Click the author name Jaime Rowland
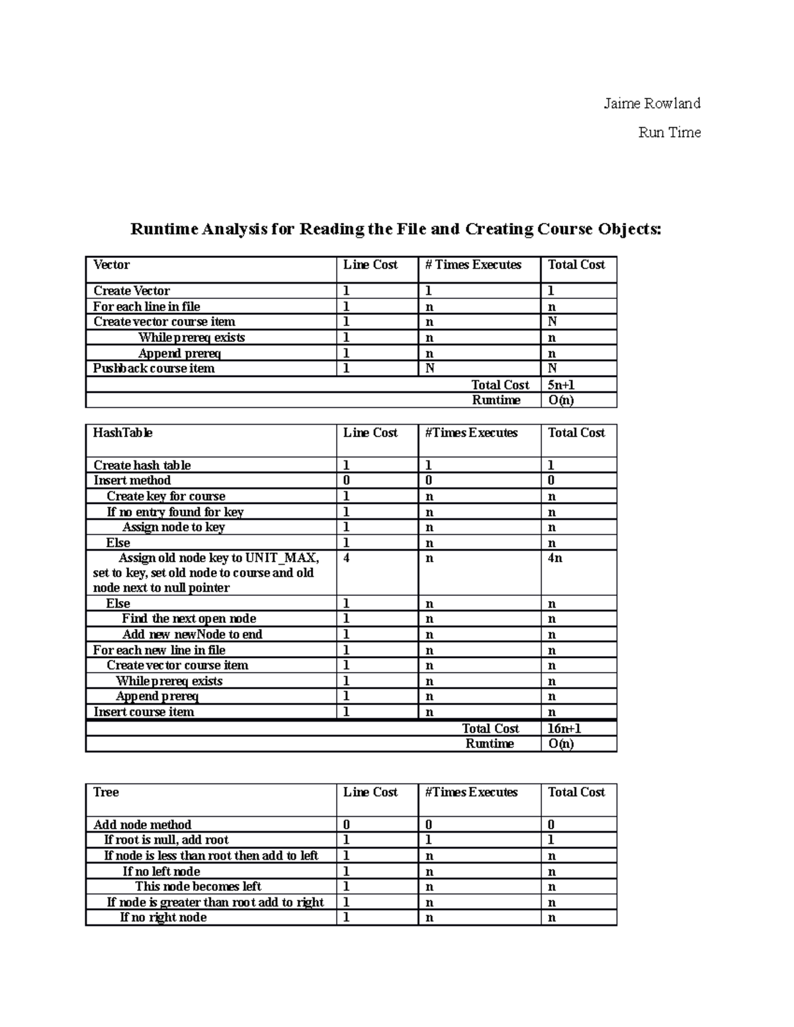pos(651,103)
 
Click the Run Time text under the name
pos(669,132)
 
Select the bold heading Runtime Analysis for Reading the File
pos(396,229)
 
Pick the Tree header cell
pos(106,792)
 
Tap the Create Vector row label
pos(131,291)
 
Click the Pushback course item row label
pos(154,368)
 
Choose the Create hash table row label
pos(142,465)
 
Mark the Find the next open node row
pos(189,618)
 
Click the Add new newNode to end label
pos(192,634)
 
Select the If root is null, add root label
pos(166,840)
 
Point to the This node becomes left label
pos(198,886)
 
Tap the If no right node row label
pos(163,917)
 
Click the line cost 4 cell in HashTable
pos(346,558)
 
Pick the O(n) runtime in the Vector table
pos(561,400)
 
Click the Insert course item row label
pos(144,712)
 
